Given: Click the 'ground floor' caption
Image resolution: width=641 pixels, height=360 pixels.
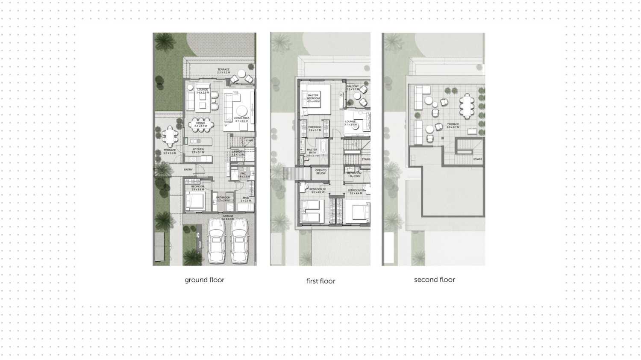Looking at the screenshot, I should (204, 280).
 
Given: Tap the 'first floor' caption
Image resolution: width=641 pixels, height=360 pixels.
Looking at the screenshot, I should (320, 281).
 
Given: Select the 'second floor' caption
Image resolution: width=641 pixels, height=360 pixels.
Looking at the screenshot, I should (434, 280).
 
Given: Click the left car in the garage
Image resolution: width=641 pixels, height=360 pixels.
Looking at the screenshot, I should (216, 242).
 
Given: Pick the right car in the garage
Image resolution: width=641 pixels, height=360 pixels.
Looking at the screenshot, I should (239, 242).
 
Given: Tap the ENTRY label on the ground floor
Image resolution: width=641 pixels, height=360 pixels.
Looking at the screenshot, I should (188, 170).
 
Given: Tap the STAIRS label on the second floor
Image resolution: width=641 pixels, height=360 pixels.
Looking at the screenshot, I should (477, 159).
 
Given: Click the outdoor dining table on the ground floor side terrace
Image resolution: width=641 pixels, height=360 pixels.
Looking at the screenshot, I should (170, 136).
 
